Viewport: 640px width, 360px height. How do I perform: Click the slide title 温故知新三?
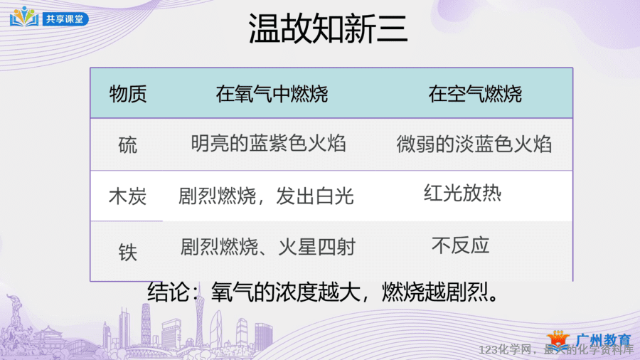coord(328,28)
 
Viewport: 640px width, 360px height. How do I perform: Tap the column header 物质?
coord(128,94)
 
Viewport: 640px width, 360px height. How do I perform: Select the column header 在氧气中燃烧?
coord(272,94)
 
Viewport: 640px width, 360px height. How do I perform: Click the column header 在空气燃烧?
coord(475,94)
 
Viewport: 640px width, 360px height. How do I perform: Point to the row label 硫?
coord(128,145)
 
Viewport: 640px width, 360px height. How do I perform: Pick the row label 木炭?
coord(128,197)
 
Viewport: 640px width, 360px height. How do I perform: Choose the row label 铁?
coord(128,252)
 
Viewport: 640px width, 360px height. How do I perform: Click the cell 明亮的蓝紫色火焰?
coord(269,144)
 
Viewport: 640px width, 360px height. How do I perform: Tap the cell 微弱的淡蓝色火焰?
coord(474,144)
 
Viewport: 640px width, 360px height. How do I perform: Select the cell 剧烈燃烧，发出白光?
coord(266,196)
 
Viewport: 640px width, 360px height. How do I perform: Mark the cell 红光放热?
coord(462,193)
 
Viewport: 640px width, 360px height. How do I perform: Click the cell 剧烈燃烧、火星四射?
coord(268,247)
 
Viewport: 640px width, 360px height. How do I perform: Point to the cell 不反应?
coord(460,245)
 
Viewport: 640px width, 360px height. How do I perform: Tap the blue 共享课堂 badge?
coord(65,19)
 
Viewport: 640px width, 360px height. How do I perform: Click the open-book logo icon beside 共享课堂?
coord(24,17)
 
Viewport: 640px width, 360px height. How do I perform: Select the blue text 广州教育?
coord(603,339)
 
